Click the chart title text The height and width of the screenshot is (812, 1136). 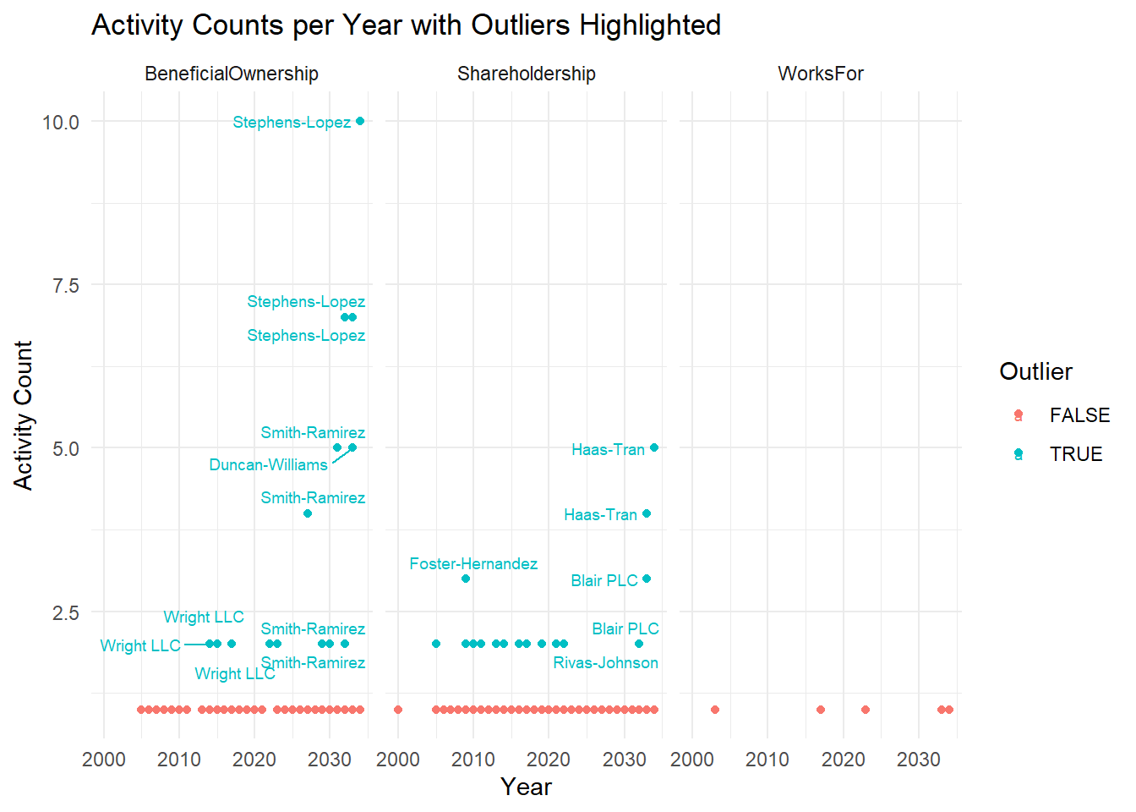[406, 25]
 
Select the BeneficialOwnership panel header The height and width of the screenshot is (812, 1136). [232, 74]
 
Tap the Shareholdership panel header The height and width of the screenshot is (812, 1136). [526, 74]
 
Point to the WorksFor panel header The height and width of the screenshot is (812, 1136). [821, 74]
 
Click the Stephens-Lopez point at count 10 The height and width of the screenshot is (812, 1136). [360, 121]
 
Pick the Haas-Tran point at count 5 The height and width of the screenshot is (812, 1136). [654, 447]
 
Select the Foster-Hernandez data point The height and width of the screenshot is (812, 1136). [466, 579]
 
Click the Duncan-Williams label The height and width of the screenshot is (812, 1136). [268, 464]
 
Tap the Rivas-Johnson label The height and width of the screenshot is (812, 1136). [605, 662]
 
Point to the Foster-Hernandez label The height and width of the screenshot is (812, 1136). [473, 563]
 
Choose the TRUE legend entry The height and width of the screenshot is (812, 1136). [1075, 454]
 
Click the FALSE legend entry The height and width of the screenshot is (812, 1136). [1079, 415]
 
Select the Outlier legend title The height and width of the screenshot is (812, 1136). [1035, 371]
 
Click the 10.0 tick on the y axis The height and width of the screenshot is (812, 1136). [61, 122]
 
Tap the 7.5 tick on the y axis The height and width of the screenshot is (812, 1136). [66, 285]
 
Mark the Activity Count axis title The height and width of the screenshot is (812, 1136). [23, 414]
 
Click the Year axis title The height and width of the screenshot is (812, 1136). [526, 787]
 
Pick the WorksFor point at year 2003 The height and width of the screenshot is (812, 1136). [715, 710]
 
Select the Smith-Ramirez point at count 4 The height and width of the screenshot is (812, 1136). [308, 513]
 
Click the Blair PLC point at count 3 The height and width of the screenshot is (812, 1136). [647, 579]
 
